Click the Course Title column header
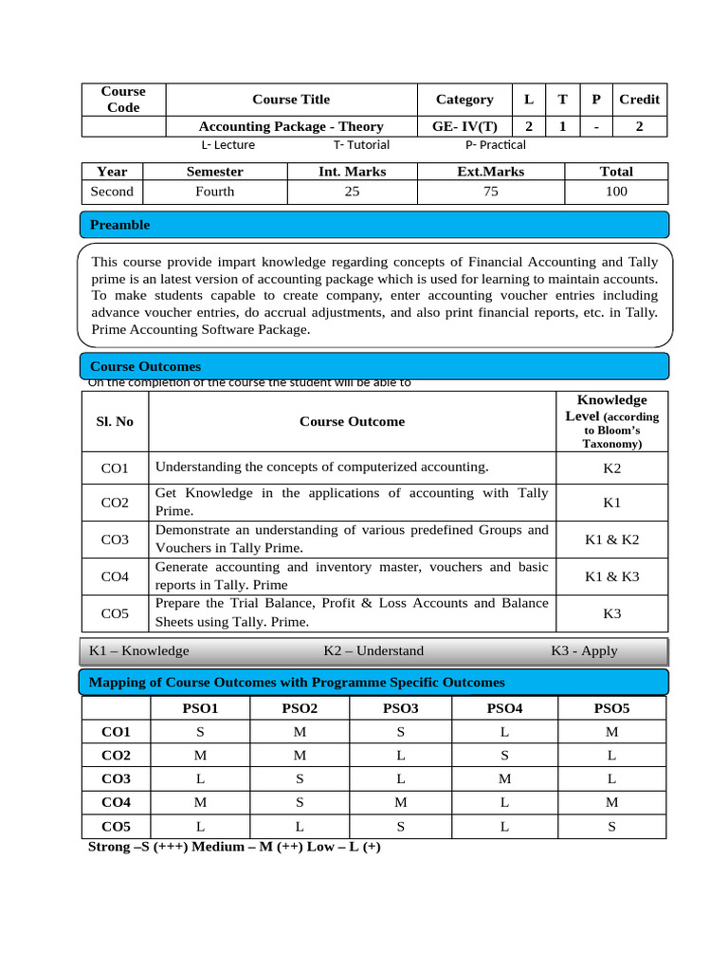291,100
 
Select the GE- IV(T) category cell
464,126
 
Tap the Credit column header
639,100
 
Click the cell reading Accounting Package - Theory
291,126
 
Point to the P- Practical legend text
495,145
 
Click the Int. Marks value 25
352,192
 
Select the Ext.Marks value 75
490,192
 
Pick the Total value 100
616,192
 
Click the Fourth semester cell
214,192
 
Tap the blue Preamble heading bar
374,225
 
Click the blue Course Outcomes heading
374,366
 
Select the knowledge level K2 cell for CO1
611,468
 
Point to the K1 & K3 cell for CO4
611,576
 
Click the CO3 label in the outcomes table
115,540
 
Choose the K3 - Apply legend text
584,650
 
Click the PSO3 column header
400,708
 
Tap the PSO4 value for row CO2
504,756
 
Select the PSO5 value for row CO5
611,827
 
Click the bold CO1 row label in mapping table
116,732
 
